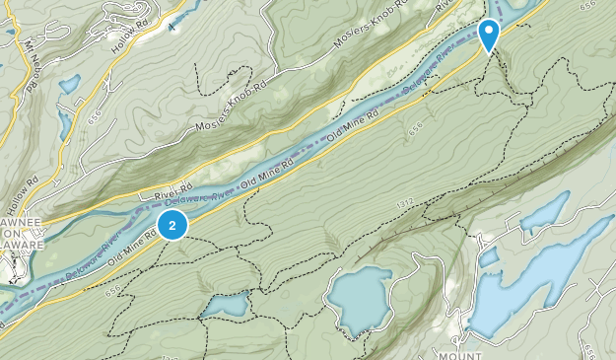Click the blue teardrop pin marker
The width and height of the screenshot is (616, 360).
[x=488, y=35]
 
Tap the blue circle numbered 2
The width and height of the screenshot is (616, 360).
[x=173, y=225]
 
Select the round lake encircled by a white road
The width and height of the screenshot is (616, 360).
[x=360, y=299]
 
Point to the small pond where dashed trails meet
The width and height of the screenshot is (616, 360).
[x=226, y=306]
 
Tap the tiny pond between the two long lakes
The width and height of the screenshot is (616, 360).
[x=489, y=257]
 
